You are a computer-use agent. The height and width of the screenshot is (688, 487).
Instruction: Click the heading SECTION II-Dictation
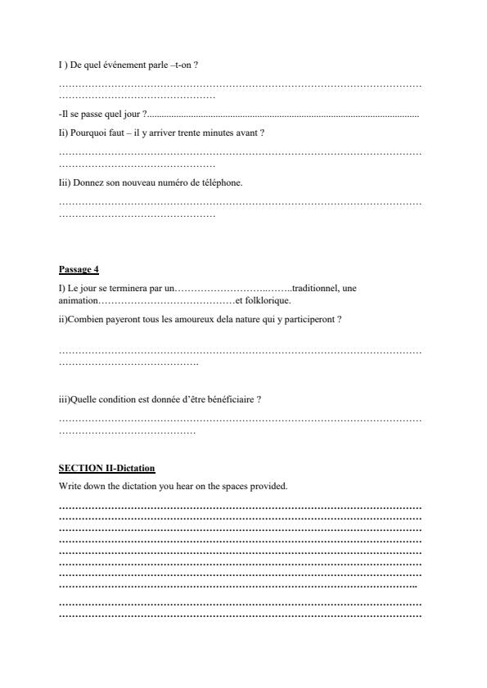[106, 468]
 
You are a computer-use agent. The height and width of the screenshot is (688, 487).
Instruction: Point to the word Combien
[86, 319]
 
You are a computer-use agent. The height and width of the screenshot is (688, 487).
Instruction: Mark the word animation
[78, 299]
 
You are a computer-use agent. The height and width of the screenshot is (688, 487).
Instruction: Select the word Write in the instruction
[70, 486]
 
